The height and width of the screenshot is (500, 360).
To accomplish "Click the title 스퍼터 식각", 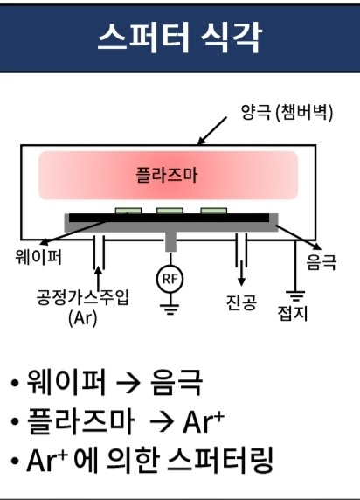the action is [180, 38].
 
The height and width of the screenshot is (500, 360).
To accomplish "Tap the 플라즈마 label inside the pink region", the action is [167, 175].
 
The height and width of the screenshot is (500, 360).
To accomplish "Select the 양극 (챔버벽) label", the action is [287, 112].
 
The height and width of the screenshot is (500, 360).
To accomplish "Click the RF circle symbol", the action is [170, 279].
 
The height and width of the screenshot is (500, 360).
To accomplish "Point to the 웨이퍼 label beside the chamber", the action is [38, 257].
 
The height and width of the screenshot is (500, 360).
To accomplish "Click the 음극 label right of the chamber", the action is [322, 262].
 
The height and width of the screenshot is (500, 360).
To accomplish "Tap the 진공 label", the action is [241, 302].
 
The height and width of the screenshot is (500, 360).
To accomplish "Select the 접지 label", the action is [293, 313].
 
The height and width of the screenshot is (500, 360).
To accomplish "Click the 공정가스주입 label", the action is [83, 297].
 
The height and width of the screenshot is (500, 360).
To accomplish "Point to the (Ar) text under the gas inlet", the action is [83, 317].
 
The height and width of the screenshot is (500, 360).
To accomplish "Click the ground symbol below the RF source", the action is [170, 309].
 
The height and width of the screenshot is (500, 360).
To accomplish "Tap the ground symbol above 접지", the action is [295, 295].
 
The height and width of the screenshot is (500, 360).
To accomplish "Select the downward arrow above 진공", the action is [242, 273].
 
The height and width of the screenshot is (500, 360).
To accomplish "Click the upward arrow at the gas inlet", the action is [99, 277].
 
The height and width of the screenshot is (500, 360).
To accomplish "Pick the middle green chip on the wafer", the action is [170, 211].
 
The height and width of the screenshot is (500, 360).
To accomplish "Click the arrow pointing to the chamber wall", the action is [212, 131].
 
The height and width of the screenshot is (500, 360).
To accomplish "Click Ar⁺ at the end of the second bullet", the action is [204, 422].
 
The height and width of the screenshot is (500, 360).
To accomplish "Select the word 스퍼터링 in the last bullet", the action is [220, 461].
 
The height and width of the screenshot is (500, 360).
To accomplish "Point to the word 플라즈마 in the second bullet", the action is [80, 421].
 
